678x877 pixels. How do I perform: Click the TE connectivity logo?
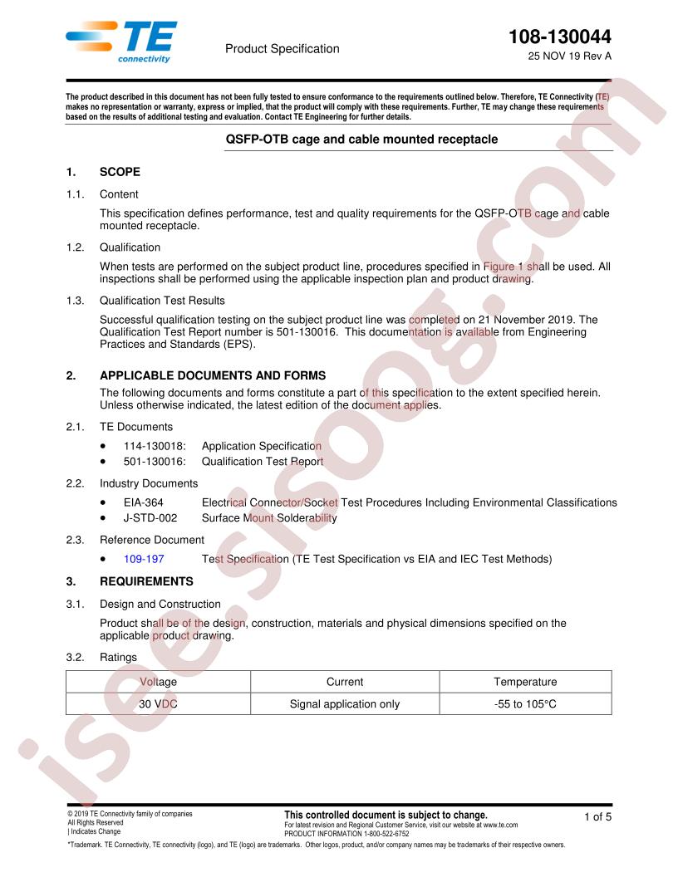pyautogui.click(x=121, y=42)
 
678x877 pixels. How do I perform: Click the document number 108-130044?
pyautogui.click(x=561, y=37)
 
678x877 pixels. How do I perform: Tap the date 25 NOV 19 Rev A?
pyautogui.click(x=569, y=57)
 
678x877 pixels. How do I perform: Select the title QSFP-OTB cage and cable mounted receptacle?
pyautogui.click(x=362, y=139)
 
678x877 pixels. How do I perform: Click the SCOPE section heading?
pyautogui.click(x=120, y=172)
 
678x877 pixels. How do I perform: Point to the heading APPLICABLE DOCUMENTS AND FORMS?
pyautogui.click(x=213, y=375)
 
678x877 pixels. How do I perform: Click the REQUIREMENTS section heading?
pyautogui.click(x=146, y=581)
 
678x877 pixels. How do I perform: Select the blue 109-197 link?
pyautogui.click(x=140, y=559)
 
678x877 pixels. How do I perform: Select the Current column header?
pyautogui.click(x=345, y=682)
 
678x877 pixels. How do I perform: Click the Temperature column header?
pyautogui.click(x=525, y=682)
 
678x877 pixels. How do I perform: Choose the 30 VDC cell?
pyautogui.click(x=158, y=703)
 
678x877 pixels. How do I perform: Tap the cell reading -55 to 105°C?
pyautogui.click(x=525, y=703)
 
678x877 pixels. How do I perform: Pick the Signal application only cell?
pyautogui.click(x=345, y=703)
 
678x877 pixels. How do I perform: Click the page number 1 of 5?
pyautogui.click(x=597, y=817)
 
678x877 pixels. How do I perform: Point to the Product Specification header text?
pyautogui.click(x=282, y=49)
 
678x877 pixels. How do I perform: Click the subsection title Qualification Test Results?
pyautogui.click(x=162, y=300)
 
